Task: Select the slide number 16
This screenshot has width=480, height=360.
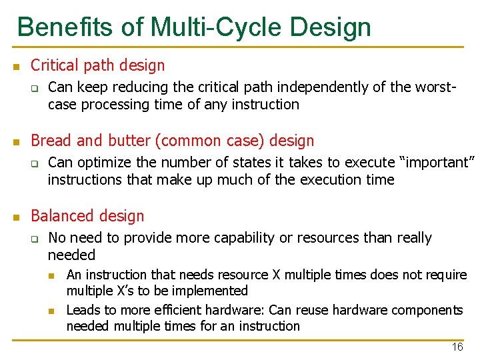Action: pos(457,347)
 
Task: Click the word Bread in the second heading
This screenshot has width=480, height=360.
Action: pos(51,141)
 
